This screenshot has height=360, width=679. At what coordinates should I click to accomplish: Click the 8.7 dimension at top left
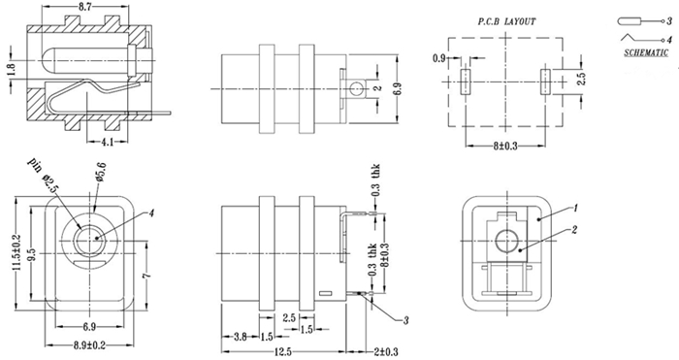[x=85, y=7]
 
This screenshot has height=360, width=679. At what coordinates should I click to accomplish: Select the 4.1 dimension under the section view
[x=107, y=142]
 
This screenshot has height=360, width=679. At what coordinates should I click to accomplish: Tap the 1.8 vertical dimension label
[x=11, y=70]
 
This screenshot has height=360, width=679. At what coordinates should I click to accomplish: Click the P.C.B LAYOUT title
[x=506, y=21]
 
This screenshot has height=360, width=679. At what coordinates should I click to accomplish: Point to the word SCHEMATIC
[x=646, y=52]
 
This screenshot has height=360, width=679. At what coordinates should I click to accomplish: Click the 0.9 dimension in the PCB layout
[x=439, y=58]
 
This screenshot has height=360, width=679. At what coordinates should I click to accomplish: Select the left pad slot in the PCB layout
[x=465, y=82]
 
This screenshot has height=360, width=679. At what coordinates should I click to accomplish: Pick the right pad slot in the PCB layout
[x=544, y=82]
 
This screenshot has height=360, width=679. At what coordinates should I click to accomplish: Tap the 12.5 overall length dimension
[x=282, y=351]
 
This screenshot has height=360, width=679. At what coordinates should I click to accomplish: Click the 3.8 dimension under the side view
[x=240, y=337]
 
